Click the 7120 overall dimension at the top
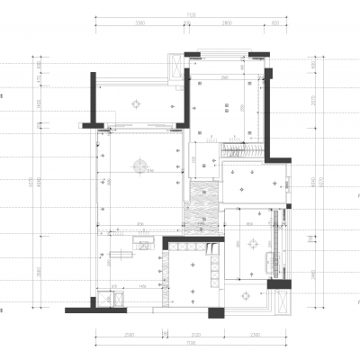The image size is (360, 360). [x=191, y=15]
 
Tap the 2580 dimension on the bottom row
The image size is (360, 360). [x=129, y=335]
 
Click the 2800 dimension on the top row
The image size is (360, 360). [x=226, y=24]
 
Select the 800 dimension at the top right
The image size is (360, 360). [x=274, y=24]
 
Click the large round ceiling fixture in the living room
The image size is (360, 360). [x=139, y=165]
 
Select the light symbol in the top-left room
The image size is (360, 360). [x=136, y=104]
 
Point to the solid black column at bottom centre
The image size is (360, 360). [x=216, y=312]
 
